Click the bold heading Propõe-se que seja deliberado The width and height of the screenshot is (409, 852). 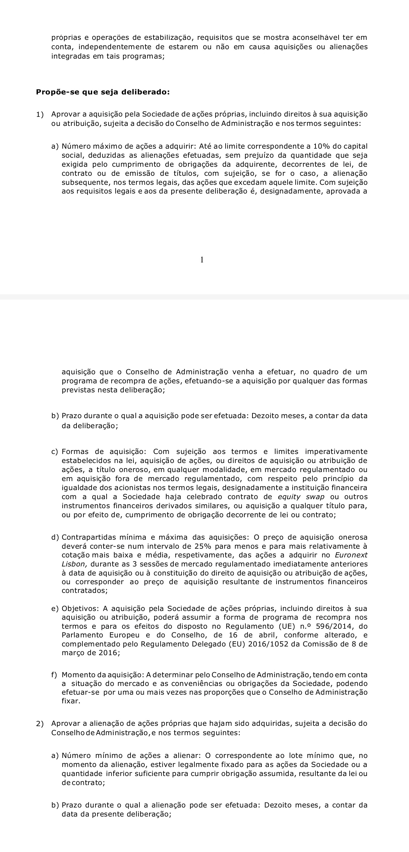click(x=103, y=92)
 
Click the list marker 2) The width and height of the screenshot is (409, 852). click(x=40, y=724)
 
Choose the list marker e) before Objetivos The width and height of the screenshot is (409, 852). click(x=55, y=608)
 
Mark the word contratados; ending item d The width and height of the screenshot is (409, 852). click(x=84, y=591)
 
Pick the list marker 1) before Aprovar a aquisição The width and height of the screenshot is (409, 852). click(x=40, y=114)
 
